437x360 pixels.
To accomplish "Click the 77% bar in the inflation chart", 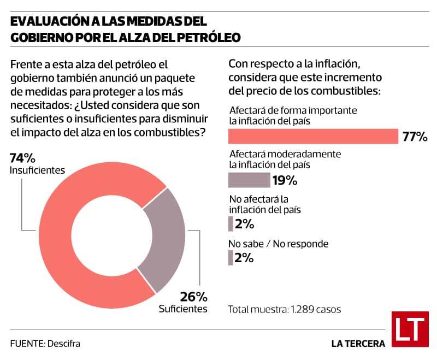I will click(x=313, y=136).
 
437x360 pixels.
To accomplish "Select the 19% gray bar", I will click(x=249, y=180).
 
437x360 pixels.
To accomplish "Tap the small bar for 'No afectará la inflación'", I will click(x=231, y=224).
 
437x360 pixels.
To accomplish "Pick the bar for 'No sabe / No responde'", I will click(x=231, y=257).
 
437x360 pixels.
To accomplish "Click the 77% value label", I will click(x=415, y=137).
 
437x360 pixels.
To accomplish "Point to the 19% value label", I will click(x=285, y=180).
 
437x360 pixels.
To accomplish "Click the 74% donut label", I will click(x=22, y=158).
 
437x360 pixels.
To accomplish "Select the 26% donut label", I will click(x=194, y=297).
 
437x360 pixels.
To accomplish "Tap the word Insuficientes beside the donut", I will click(x=37, y=170).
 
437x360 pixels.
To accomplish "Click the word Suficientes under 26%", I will click(x=183, y=309).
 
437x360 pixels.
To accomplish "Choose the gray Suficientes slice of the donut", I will click(x=164, y=240).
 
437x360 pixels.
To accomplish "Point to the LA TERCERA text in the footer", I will click(x=358, y=344).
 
